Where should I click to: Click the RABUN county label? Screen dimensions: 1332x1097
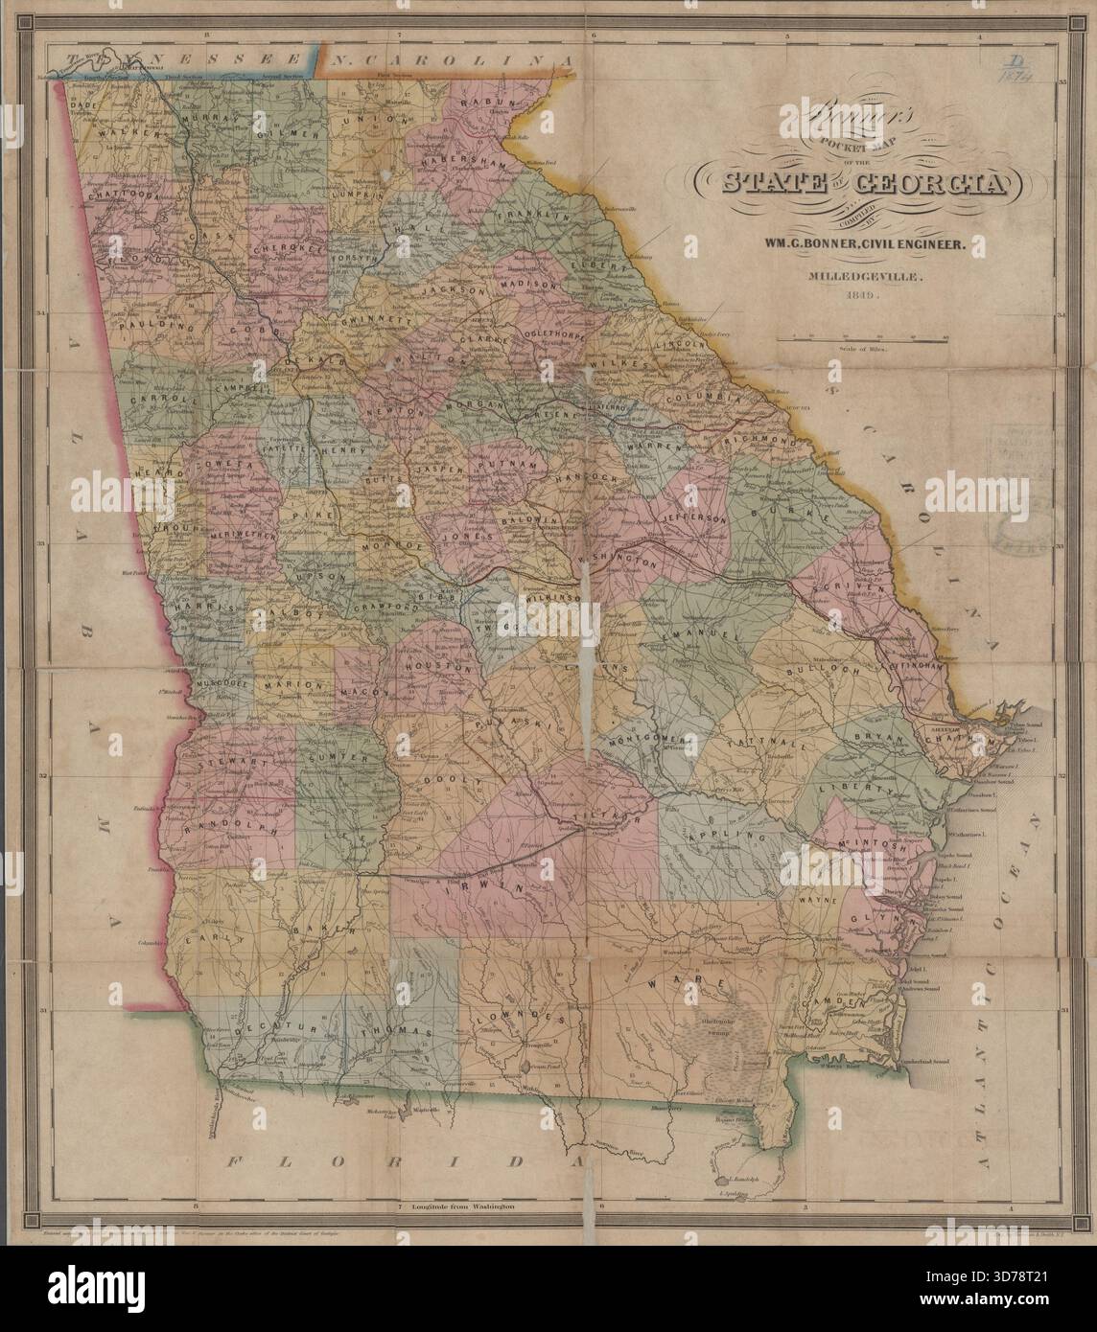tap(488, 103)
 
